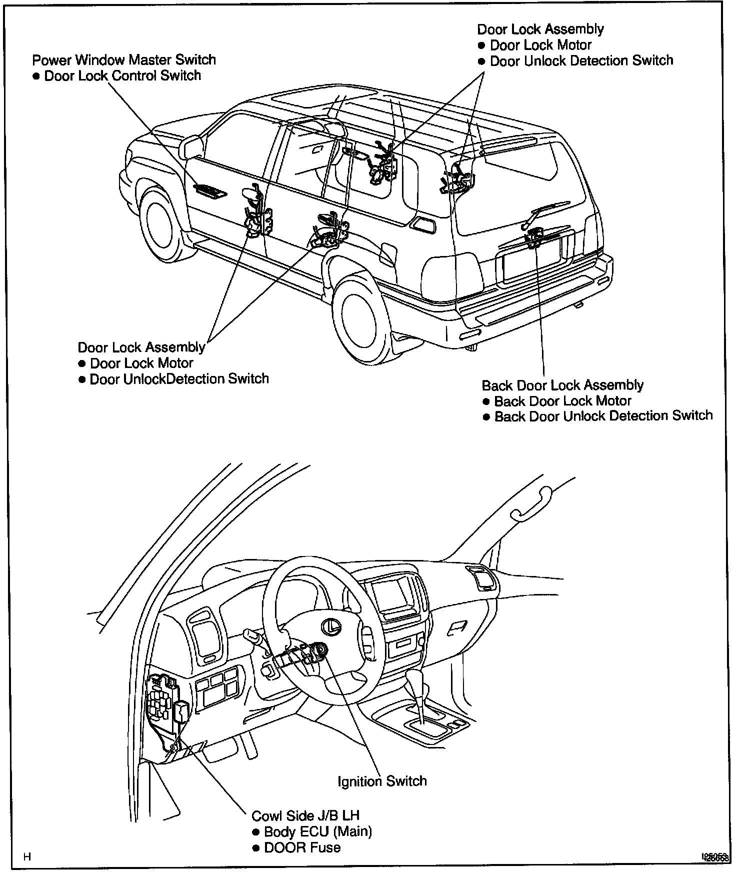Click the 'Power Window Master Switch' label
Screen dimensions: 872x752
pyautogui.click(x=124, y=60)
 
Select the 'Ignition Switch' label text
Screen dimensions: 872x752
pyautogui.click(x=382, y=781)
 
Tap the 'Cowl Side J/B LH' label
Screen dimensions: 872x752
pyautogui.click(x=305, y=815)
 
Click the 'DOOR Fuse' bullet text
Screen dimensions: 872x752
pyautogui.click(x=302, y=847)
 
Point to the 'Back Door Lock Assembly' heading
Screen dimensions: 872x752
pyautogui.click(x=562, y=385)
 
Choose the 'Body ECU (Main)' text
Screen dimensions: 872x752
pyautogui.click(x=317, y=831)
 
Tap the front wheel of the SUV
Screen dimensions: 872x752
pyautogui.click(x=161, y=224)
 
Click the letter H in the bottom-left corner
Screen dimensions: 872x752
pyautogui.click(x=27, y=857)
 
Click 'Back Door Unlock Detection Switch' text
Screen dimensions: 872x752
pyautogui.click(x=603, y=416)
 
